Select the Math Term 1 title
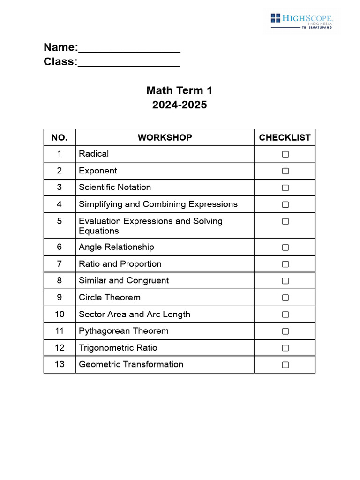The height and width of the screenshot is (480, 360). coord(179,90)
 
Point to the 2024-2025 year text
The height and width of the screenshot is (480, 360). coord(179,105)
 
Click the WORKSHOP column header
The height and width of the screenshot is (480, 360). coord(165,138)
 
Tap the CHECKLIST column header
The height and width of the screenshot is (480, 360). coord(285,138)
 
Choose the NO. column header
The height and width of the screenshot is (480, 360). coord(60,138)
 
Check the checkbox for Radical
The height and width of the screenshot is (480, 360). coord(285,154)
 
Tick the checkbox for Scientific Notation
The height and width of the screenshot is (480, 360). coord(285,187)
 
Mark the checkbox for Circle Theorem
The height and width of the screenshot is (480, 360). coord(285,298)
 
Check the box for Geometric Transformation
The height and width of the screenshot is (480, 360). coord(285,365)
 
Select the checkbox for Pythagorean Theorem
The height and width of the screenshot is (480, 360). coord(285,331)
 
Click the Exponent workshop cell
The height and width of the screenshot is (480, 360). coord(98,171)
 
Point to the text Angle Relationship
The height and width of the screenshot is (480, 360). coord(116,247)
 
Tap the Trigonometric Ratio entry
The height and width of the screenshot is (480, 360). coord(118,348)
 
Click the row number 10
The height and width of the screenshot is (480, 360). coord(60,314)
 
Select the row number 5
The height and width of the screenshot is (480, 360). coord(60,221)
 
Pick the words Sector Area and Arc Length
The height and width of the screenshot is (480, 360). coord(135,314)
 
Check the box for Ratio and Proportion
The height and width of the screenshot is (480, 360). coord(285,264)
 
